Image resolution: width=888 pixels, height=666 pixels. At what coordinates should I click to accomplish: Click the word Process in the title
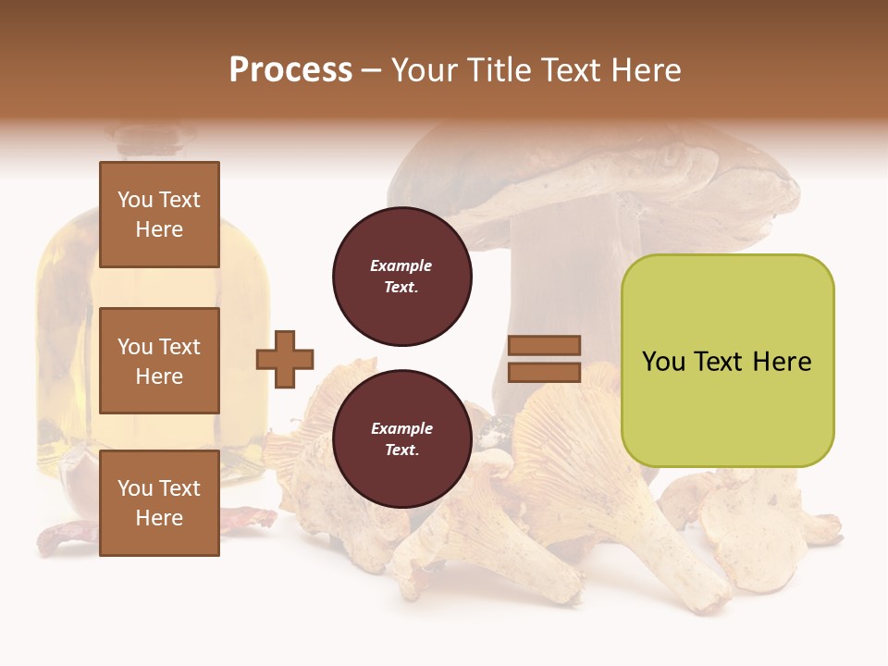pyautogui.click(x=290, y=70)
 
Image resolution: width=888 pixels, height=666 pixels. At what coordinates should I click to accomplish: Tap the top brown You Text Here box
pyautogui.click(x=159, y=215)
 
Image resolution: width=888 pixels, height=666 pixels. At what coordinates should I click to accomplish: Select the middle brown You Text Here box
pyautogui.click(x=159, y=361)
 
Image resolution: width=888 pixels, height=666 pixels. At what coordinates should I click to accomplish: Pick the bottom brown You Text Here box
pyautogui.click(x=159, y=502)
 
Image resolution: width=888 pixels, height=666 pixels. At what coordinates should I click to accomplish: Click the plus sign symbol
pyautogui.click(x=285, y=358)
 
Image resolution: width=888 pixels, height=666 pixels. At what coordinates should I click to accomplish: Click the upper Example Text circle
pyautogui.click(x=401, y=276)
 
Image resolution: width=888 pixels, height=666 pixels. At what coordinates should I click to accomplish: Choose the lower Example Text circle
pyautogui.click(x=401, y=438)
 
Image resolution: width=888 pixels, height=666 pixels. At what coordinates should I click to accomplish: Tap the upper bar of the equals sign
pyautogui.click(x=545, y=345)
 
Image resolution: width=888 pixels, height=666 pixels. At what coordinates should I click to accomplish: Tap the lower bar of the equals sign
pyautogui.click(x=545, y=372)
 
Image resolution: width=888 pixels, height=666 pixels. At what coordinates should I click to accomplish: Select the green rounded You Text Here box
pyautogui.click(x=727, y=360)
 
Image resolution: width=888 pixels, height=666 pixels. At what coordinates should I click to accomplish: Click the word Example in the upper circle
pyautogui.click(x=401, y=265)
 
